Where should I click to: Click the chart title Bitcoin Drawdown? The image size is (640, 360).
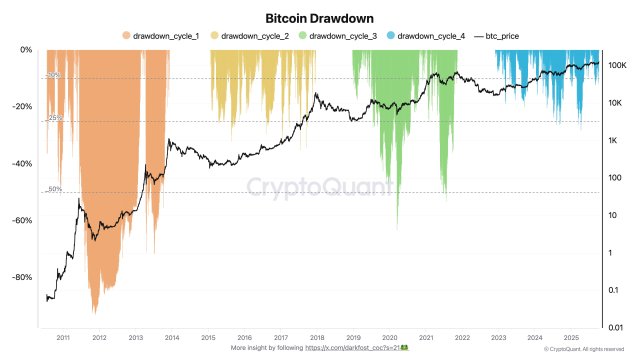(x=320, y=17)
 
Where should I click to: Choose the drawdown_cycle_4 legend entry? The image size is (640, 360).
(x=429, y=36)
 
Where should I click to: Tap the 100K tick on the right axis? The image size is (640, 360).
(x=617, y=65)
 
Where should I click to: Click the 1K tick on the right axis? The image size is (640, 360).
(x=614, y=140)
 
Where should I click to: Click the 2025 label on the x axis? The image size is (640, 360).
(x=570, y=338)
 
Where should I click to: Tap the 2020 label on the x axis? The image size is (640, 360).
(x=388, y=338)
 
